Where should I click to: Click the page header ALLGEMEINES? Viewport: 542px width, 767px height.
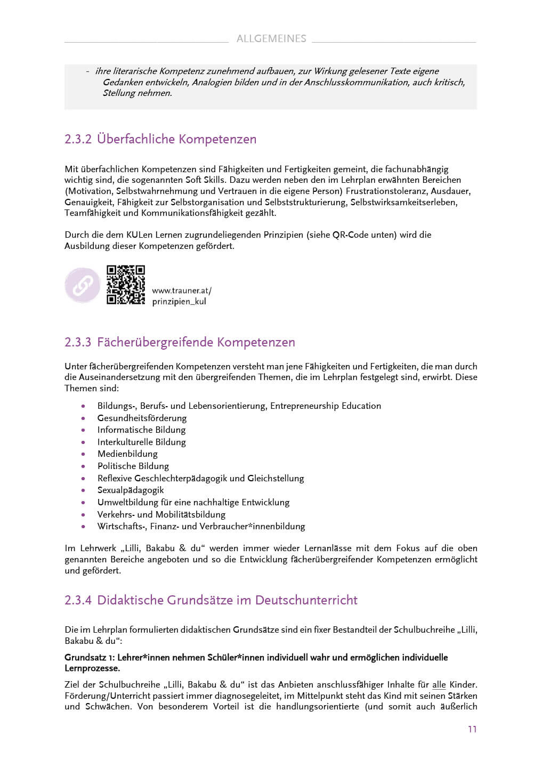tap(271, 39)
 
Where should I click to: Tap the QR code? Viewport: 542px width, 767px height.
tap(125, 285)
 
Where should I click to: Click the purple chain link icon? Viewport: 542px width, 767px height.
tap(83, 285)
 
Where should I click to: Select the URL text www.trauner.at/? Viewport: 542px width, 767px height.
tap(182, 290)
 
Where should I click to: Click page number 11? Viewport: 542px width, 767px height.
tap(472, 729)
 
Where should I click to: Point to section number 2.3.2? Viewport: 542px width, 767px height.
tap(78, 139)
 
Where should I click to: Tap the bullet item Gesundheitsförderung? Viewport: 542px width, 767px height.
tap(142, 418)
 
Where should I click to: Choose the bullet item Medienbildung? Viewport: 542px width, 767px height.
tap(127, 454)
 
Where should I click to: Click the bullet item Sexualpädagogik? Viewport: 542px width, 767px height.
tap(131, 490)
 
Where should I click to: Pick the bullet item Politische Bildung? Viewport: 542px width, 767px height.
tap(133, 466)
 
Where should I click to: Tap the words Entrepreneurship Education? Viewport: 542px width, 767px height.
tap(326, 406)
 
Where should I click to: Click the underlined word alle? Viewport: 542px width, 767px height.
tap(439, 684)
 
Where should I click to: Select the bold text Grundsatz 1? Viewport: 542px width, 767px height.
tap(89, 657)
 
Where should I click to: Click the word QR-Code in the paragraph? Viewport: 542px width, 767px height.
tap(350, 235)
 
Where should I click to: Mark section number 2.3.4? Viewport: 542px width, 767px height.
tap(78, 600)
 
